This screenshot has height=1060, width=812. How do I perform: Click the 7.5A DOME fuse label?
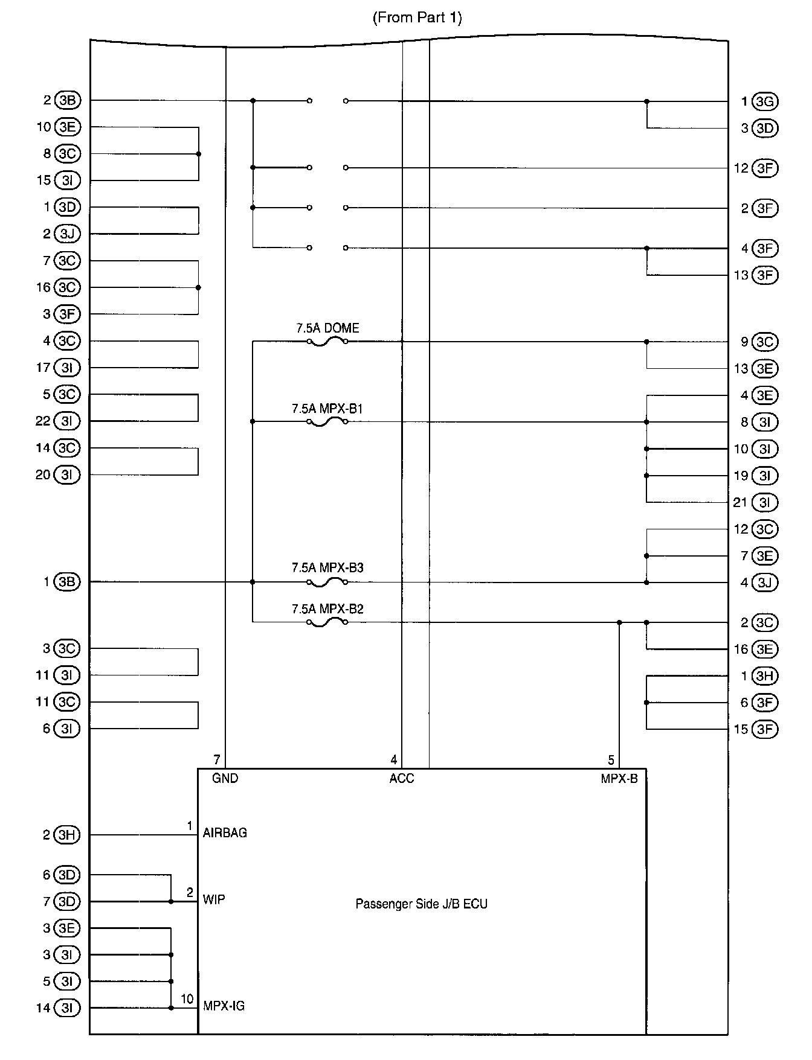(327, 328)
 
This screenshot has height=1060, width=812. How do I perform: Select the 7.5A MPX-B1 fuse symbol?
(327, 422)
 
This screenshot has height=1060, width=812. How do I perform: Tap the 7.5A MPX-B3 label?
(327, 568)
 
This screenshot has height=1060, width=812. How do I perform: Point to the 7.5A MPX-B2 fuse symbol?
(327, 622)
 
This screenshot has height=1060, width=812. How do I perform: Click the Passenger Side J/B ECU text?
(421, 904)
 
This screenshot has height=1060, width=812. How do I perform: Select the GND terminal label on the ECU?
(225, 779)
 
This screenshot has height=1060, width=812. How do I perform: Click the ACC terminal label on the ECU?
(402, 779)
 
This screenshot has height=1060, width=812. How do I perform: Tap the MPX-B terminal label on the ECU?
(619, 779)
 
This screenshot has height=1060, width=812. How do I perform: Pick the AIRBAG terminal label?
(225, 833)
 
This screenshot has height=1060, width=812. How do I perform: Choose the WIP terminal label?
(214, 900)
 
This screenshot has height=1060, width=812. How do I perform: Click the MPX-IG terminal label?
(224, 1006)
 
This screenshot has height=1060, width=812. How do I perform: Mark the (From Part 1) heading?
(417, 18)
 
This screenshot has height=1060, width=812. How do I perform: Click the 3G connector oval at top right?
(765, 101)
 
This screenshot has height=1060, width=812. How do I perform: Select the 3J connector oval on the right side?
(765, 583)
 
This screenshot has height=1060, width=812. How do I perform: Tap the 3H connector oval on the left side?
(67, 835)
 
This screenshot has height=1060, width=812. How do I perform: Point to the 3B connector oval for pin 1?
(67, 582)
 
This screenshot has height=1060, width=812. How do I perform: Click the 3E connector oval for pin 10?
(67, 127)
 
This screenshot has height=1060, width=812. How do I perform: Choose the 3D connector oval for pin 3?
(765, 128)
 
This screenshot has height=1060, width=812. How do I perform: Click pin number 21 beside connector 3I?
(741, 502)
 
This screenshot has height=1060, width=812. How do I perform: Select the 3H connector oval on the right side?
(765, 676)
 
